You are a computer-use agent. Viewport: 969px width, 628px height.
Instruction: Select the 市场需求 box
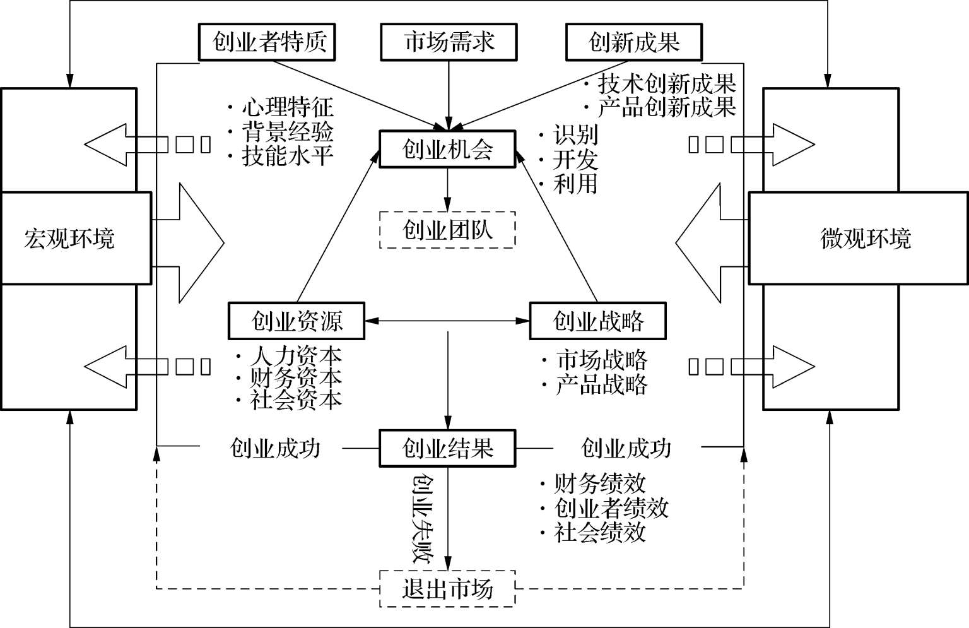click(x=449, y=42)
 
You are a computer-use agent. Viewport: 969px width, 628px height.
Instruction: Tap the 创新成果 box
click(x=633, y=42)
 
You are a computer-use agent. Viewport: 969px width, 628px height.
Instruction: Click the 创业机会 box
click(x=447, y=149)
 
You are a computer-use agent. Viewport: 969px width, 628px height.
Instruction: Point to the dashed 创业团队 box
click(x=447, y=230)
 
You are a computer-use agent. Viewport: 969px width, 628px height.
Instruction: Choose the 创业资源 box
click(x=297, y=321)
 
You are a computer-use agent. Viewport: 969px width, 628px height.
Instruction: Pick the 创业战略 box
click(x=597, y=321)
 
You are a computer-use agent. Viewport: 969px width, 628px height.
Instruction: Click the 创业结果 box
click(x=447, y=448)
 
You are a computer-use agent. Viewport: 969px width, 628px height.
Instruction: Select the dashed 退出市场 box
click(x=447, y=589)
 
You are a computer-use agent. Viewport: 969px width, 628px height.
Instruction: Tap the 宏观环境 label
click(x=69, y=239)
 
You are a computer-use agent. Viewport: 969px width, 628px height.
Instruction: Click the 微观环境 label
click(x=866, y=239)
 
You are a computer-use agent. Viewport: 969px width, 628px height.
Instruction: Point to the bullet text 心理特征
click(x=287, y=107)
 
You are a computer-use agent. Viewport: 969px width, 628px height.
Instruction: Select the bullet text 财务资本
click(x=295, y=377)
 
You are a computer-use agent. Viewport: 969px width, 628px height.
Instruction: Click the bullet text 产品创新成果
click(x=666, y=107)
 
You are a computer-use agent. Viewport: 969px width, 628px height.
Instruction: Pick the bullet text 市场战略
click(x=601, y=360)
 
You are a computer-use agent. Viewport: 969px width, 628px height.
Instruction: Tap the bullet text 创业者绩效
click(x=611, y=508)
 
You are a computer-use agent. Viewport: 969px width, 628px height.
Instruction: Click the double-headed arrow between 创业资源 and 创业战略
click(x=447, y=321)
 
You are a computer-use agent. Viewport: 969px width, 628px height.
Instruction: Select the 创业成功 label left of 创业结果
click(x=275, y=448)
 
